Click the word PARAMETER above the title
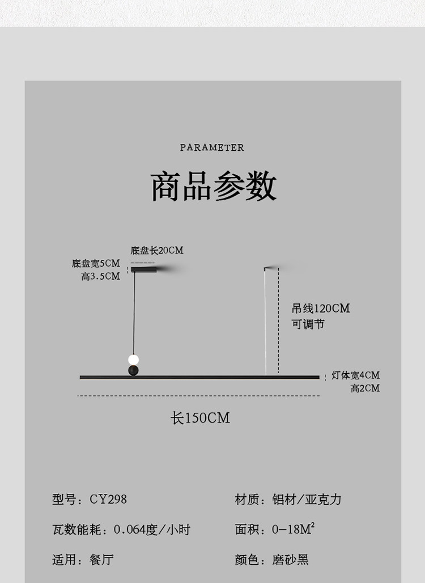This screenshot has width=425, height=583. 212,147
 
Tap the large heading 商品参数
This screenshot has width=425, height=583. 213,186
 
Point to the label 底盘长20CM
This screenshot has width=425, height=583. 157,250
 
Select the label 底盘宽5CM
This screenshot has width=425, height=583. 96,263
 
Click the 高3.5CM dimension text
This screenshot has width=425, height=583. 101,276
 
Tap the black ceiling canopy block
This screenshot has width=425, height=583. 144,269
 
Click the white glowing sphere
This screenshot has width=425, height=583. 133,360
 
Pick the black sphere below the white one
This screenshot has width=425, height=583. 133,370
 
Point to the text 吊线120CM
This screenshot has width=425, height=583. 321,309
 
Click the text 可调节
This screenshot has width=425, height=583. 308,324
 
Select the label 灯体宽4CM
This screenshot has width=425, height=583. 355,375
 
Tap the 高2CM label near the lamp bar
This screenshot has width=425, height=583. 365,388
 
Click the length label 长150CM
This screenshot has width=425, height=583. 200,418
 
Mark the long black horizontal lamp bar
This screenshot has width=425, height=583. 199,377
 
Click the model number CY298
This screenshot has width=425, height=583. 108,499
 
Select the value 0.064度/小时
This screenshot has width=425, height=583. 152,530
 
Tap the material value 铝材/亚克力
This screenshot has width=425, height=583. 307,499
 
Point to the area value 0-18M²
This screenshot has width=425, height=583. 294,529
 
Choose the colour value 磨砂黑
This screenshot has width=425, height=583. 290,559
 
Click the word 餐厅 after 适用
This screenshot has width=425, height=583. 101,559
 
